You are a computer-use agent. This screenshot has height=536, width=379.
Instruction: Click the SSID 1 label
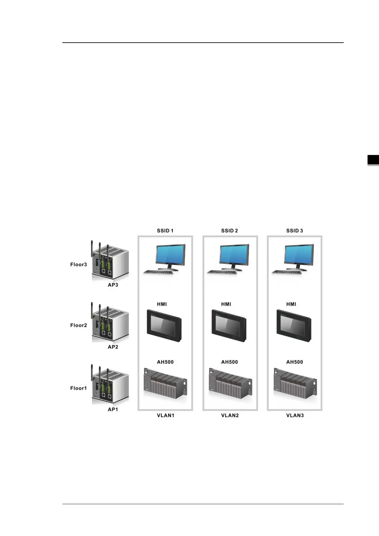click(x=165, y=230)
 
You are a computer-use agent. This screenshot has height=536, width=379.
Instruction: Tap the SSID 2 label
click(x=229, y=230)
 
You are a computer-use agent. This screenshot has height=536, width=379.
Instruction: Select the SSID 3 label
click(x=294, y=230)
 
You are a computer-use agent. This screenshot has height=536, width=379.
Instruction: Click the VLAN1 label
click(x=165, y=415)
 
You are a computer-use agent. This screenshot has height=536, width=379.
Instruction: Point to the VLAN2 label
click(x=230, y=415)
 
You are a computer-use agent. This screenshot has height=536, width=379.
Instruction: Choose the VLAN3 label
click(x=295, y=415)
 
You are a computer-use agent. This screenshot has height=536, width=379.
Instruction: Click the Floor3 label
click(x=78, y=264)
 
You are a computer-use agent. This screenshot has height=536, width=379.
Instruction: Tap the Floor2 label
click(x=78, y=325)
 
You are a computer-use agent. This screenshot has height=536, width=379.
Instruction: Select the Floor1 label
click(x=78, y=388)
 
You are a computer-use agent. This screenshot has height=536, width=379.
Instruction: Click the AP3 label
click(x=113, y=285)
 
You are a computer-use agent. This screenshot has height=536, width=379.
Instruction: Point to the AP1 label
click(x=113, y=409)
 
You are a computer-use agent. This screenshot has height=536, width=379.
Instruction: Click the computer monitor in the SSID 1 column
click(x=170, y=255)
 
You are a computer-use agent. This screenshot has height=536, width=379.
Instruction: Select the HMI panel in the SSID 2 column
click(x=229, y=325)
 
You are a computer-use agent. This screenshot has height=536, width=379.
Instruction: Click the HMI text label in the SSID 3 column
click(x=291, y=304)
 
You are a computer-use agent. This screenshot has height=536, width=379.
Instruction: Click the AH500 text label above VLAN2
click(x=229, y=362)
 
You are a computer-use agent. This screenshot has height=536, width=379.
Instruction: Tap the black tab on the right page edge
click(x=373, y=160)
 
